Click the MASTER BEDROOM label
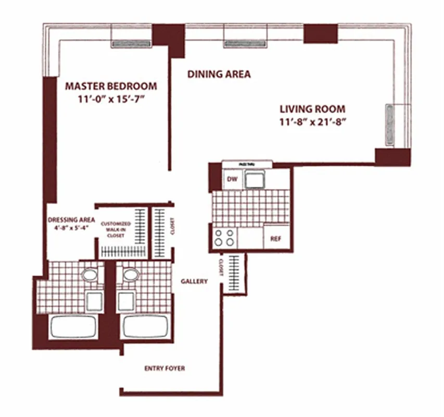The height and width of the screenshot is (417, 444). (x=111, y=86)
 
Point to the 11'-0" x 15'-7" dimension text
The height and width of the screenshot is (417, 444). (x=111, y=99)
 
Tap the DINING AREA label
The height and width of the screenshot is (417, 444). (x=219, y=74)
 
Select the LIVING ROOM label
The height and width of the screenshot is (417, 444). (x=312, y=109)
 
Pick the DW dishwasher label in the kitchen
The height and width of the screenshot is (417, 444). (x=232, y=180)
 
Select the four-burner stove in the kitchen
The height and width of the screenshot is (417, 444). (x=224, y=238)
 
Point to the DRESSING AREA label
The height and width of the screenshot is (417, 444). (x=70, y=219)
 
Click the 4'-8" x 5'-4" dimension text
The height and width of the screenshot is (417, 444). (x=70, y=227)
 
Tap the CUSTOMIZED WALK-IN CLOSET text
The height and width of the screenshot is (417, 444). (x=116, y=229)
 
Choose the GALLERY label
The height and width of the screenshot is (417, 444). (x=194, y=281)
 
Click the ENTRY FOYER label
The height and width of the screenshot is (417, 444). (x=164, y=369)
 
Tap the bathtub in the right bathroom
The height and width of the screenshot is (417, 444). (x=145, y=327)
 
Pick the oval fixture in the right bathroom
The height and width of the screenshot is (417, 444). (x=129, y=275)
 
